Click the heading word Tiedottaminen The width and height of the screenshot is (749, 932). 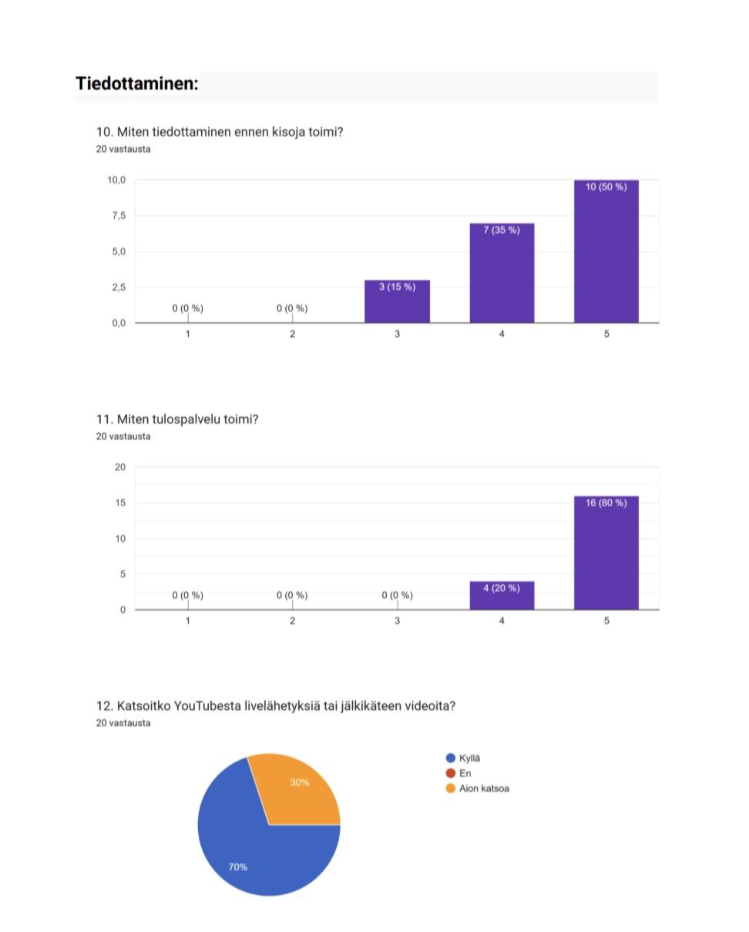pyautogui.click(x=136, y=84)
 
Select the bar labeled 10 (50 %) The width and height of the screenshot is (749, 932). pyautogui.click(x=606, y=251)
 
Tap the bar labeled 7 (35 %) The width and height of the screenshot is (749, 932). pyautogui.click(x=502, y=273)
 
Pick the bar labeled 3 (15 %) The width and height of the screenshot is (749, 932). pyautogui.click(x=397, y=301)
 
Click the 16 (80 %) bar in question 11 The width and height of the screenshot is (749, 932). pyautogui.click(x=606, y=553)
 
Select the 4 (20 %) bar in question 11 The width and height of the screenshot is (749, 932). pyautogui.click(x=502, y=596)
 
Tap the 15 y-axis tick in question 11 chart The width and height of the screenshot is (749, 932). pyautogui.click(x=119, y=503)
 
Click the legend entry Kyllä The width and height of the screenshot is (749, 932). pyautogui.click(x=469, y=758)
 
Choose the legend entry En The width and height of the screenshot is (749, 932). pyautogui.click(x=465, y=773)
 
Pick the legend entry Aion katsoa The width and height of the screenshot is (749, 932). pyautogui.click(x=483, y=789)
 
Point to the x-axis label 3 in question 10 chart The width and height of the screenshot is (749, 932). pyautogui.click(x=397, y=334)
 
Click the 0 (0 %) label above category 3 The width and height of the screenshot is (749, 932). pyautogui.click(x=397, y=595)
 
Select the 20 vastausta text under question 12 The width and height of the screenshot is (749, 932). pyautogui.click(x=123, y=723)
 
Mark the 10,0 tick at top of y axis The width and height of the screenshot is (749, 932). pyautogui.click(x=116, y=180)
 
